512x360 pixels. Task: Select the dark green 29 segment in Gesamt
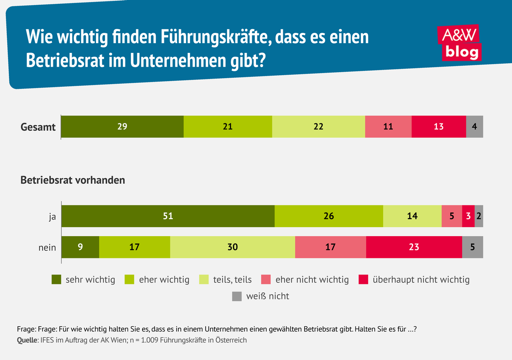(x=122, y=126)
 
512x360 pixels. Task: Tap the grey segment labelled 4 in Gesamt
(x=474, y=126)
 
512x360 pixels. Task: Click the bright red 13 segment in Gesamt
(x=439, y=126)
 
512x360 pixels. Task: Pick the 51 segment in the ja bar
(x=168, y=216)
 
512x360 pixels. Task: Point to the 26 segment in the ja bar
(x=329, y=216)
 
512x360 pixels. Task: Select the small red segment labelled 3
(x=468, y=216)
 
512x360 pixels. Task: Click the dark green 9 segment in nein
(x=80, y=247)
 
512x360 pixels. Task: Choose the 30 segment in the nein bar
(x=233, y=247)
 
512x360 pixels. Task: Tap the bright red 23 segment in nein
(x=414, y=247)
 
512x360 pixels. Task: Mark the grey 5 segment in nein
(x=472, y=247)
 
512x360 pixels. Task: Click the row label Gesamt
(x=38, y=127)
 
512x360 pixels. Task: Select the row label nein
(x=47, y=247)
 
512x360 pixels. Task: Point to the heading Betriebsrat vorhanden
(x=73, y=180)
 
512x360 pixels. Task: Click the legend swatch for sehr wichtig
(x=57, y=280)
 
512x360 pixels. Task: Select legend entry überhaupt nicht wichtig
(x=421, y=280)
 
